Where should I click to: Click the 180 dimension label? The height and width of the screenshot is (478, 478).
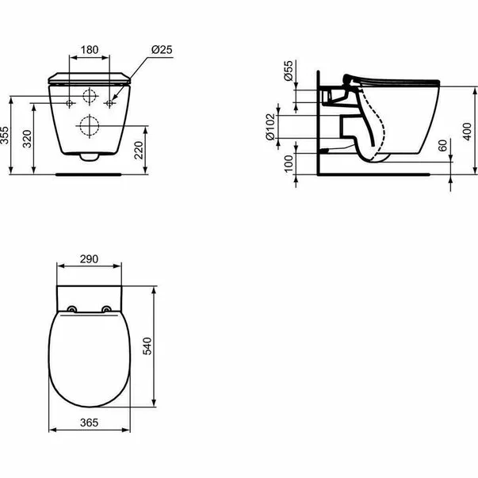pos(89,50)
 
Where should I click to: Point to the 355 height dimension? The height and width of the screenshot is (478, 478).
pos(6,136)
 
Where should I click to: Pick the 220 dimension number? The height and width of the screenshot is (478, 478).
pos(140,150)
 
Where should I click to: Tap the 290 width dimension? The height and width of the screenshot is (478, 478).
pos(89,259)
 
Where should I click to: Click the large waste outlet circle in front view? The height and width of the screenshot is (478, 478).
pos(90,124)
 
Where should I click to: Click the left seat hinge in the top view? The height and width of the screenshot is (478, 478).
pos(71,308)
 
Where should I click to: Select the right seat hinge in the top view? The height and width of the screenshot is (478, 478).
pos(107,308)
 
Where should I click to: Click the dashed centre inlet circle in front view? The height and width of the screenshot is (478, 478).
pos(90,96)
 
